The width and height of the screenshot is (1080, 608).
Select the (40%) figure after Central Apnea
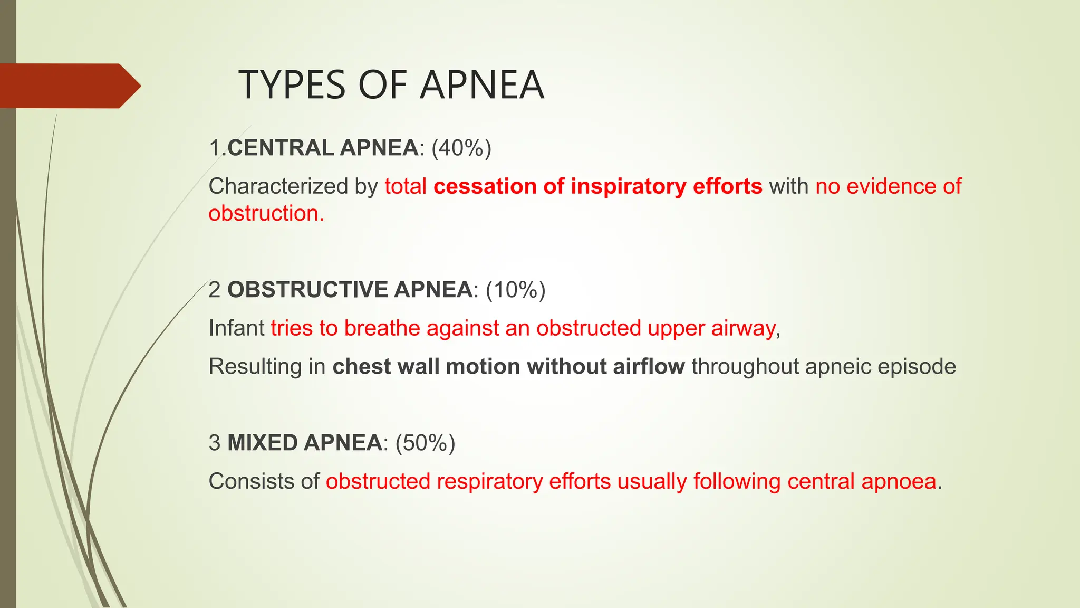(461, 148)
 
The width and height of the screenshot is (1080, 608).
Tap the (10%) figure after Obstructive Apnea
(515, 290)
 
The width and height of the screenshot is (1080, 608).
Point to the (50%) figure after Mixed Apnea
(425, 443)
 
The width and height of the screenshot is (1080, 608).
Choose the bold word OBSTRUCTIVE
(307, 290)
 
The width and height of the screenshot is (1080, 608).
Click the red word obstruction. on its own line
(266, 214)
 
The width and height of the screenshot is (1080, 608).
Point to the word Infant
(236, 328)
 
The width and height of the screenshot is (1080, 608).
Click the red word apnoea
(899, 482)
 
